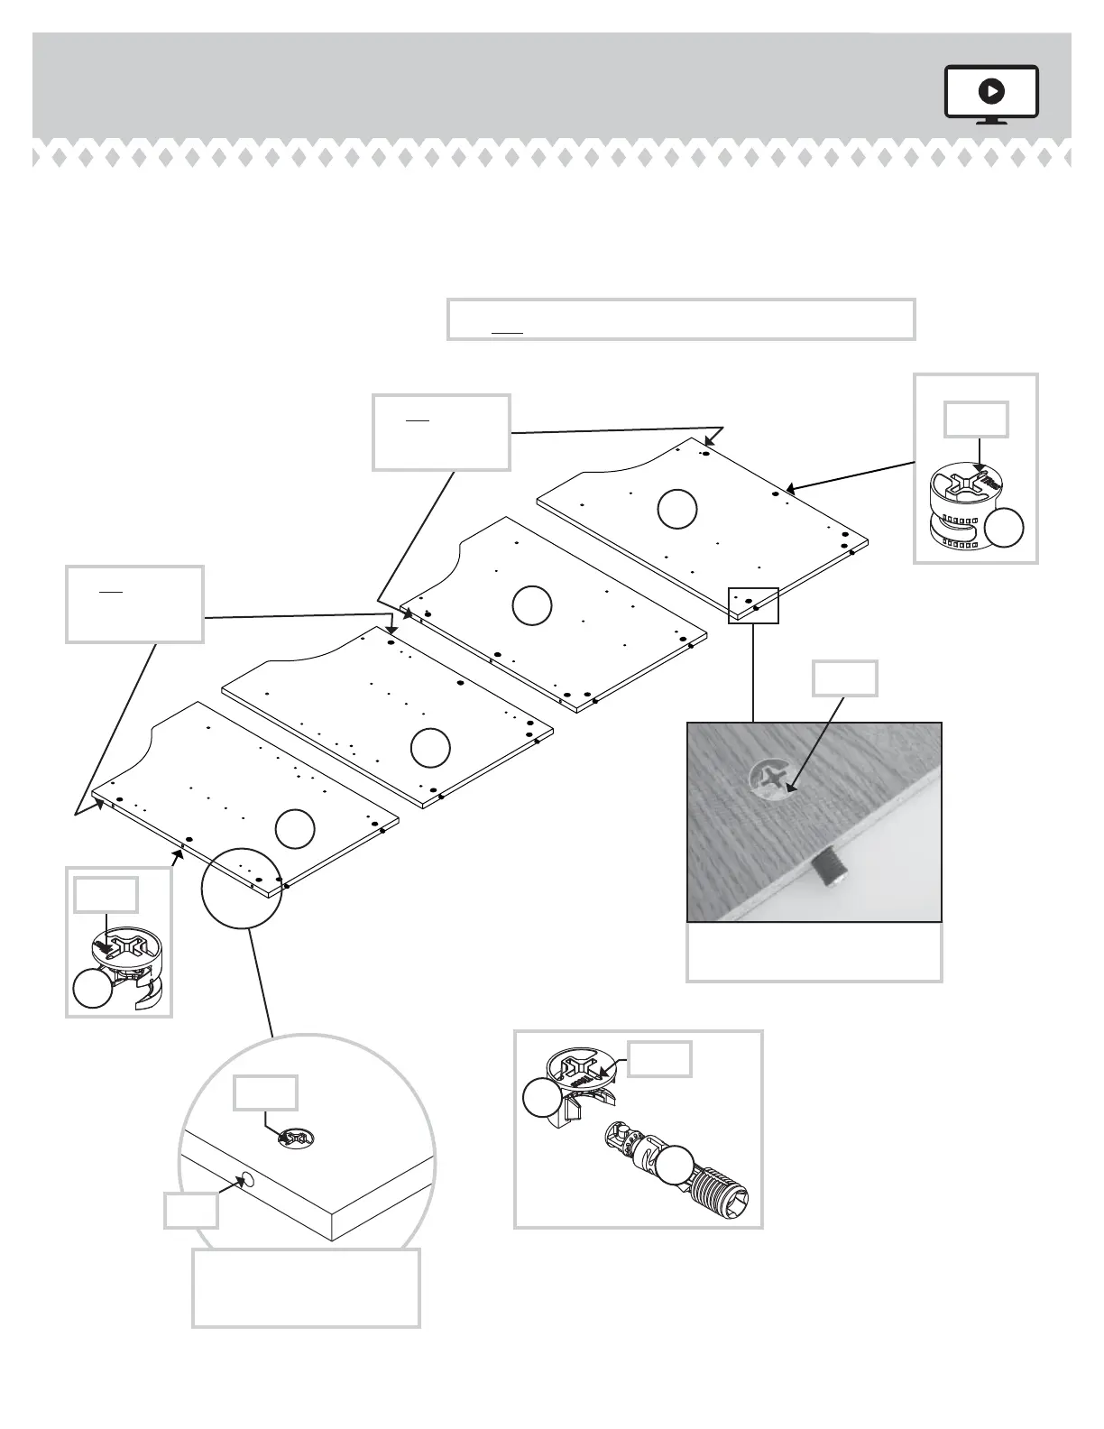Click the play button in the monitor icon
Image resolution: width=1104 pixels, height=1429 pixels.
tap(991, 90)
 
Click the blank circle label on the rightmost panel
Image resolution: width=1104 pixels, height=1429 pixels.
tap(676, 508)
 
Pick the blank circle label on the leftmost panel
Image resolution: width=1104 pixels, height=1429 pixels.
tap(294, 829)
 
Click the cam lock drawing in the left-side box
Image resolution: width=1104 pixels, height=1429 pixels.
tap(130, 971)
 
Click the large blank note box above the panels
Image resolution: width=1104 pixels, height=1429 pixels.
tap(681, 318)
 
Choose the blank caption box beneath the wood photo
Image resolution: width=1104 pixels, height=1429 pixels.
tap(814, 952)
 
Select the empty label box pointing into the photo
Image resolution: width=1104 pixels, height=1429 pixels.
tap(844, 678)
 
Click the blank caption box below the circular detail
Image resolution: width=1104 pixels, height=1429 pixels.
tap(306, 1287)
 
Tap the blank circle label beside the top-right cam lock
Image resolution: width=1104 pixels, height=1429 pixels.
tap(1003, 528)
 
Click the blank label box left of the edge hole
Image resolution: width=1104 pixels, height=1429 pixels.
tap(191, 1210)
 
